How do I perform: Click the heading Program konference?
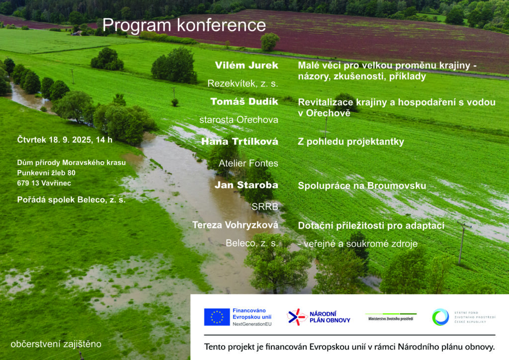point(184,26)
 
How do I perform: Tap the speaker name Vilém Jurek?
point(247,65)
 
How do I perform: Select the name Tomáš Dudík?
point(244,101)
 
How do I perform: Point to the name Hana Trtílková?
point(240,142)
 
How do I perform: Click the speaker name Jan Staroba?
point(247,185)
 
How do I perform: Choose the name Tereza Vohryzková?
point(235,225)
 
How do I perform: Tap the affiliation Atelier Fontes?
point(249,163)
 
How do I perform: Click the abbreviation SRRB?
point(265,206)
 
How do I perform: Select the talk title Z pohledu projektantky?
point(351,142)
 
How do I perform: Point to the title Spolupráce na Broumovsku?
point(362,185)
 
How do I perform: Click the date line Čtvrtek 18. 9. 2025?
point(54,140)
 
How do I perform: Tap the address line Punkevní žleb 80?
point(46,173)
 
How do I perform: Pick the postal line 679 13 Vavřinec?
point(44,183)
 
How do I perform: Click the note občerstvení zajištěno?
point(56,344)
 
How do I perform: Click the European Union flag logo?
point(217,317)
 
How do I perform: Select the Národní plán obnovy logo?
point(319,317)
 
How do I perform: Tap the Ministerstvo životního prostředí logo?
point(391,317)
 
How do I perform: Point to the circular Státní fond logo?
point(440,317)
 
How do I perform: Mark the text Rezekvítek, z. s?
point(243,84)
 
